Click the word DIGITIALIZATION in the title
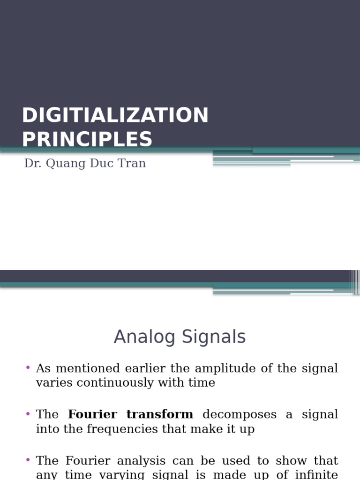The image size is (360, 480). pos(115,115)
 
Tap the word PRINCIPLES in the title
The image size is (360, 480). pos(87,139)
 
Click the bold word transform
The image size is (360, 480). pos(160,414)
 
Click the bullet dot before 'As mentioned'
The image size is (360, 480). pos(28,367)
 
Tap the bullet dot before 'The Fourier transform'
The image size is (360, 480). pos(28,413)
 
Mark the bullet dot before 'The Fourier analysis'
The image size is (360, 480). pos(28,460)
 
